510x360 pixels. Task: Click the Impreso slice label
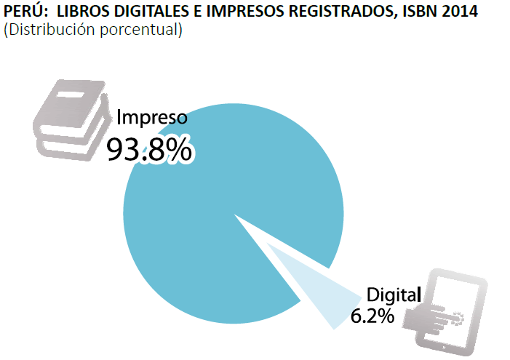tap(153, 118)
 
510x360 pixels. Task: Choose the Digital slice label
tap(394, 295)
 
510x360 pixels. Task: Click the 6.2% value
tap(372, 316)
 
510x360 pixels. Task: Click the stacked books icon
tap(73, 120)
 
